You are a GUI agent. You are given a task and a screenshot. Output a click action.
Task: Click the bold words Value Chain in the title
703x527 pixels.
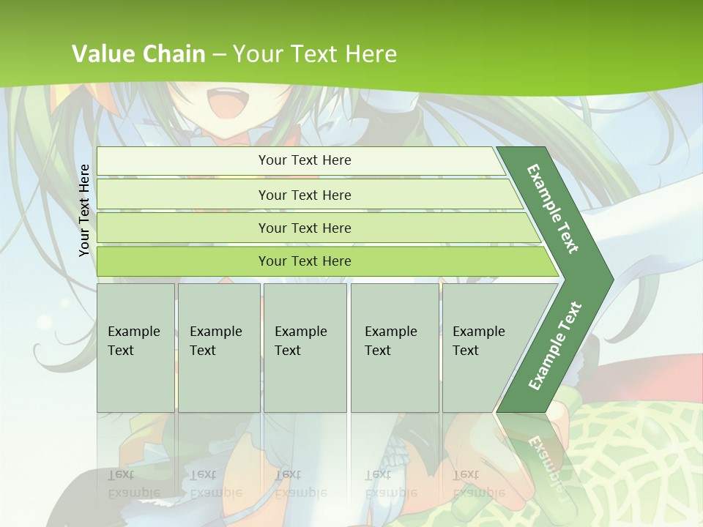[x=138, y=53]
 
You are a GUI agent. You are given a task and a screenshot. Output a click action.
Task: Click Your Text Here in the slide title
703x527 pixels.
[x=315, y=53]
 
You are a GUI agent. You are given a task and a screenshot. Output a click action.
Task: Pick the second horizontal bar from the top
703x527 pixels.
[x=304, y=195]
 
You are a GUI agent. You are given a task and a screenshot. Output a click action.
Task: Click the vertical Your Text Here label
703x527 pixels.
[x=84, y=210]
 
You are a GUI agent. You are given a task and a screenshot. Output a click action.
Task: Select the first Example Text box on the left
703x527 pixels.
[x=135, y=347]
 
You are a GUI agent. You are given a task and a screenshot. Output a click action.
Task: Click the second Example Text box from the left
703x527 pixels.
[x=218, y=347]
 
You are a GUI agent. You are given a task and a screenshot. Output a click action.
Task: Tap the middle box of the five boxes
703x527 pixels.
[x=305, y=347]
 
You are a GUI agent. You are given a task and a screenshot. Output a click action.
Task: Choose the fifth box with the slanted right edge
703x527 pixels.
[x=483, y=347]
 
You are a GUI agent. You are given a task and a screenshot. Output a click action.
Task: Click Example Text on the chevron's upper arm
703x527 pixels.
[x=553, y=209]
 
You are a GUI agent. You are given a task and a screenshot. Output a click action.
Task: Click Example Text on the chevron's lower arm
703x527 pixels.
[x=554, y=346]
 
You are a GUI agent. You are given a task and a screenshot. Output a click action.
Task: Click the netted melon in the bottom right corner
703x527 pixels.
[x=644, y=468]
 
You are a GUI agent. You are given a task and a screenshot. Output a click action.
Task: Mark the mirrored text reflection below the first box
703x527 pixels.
[x=133, y=484]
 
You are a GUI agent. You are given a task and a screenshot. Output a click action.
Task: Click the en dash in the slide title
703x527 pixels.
[x=219, y=54]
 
